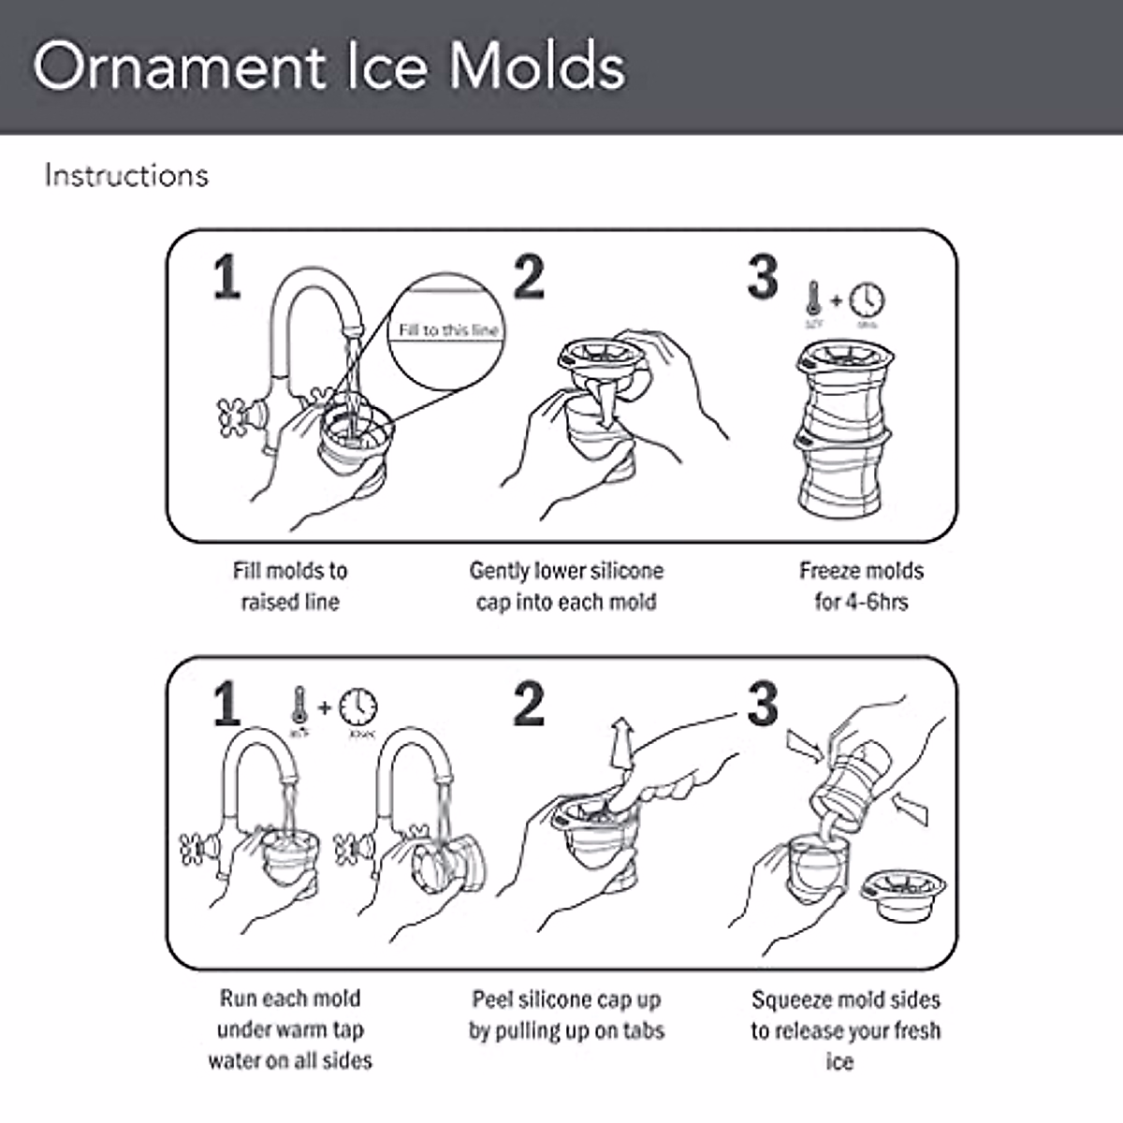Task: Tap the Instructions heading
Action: pos(126,176)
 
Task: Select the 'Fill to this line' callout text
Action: pos(448,329)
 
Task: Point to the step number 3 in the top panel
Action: pos(763,277)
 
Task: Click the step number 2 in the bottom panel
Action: pos(529,704)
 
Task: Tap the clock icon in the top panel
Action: pos(868,299)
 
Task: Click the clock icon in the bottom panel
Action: pos(358,707)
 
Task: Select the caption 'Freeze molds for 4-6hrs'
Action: pos(861,586)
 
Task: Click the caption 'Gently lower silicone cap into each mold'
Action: pos(566,586)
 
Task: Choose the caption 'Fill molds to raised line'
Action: pos(290,586)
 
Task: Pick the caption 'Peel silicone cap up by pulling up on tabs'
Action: pos(566,1015)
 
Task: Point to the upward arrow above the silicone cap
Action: pos(619,744)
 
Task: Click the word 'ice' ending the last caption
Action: pos(839,1062)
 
